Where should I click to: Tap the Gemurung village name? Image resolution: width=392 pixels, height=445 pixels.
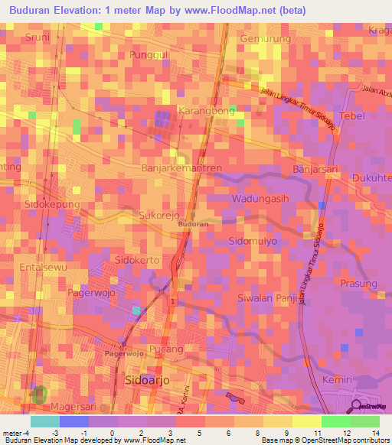pos(266,39)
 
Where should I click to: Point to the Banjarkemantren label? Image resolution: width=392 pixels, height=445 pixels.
pos(181,167)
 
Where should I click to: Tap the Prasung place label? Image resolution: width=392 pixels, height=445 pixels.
pos(359,284)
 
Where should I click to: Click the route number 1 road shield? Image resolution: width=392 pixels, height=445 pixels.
pos(174,302)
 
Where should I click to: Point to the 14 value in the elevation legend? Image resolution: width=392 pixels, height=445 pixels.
pos(377,432)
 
